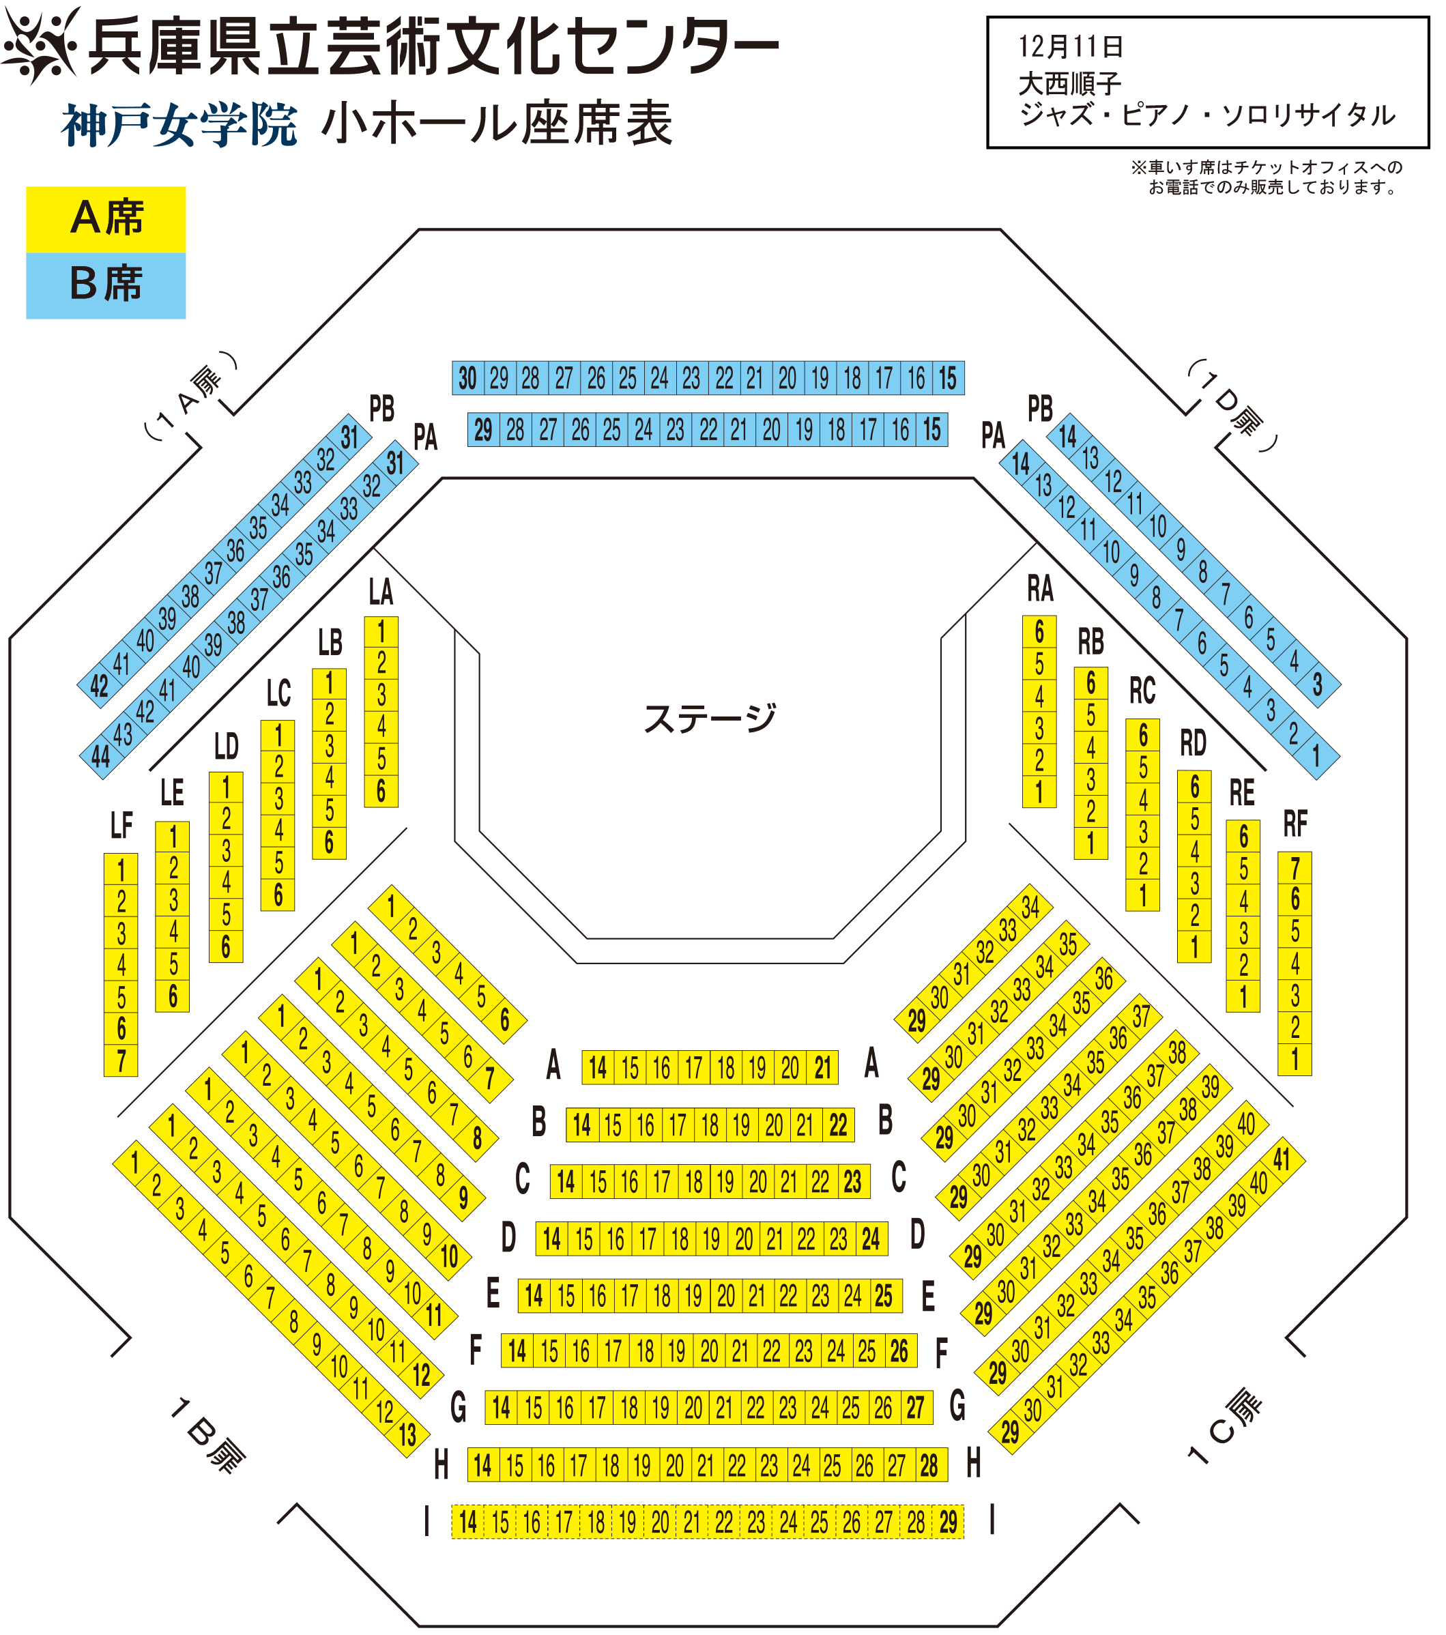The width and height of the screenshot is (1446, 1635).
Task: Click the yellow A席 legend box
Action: (x=106, y=220)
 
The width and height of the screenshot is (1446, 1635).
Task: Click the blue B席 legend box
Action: (x=106, y=285)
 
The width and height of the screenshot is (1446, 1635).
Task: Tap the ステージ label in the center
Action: (x=710, y=717)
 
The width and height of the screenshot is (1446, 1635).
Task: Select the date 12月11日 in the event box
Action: (x=1071, y=46)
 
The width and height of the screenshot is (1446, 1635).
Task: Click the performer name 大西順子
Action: (x=1070, y=83)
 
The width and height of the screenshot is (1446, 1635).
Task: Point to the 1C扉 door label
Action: (x=1224, y=1427)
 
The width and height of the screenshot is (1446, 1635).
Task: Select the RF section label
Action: (x=1295, y=824)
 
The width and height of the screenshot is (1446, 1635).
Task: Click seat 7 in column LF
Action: (x=121, y=1060)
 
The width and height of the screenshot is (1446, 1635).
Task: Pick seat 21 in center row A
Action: (x=823, y=1068)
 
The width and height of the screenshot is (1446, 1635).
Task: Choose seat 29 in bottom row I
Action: (x=949, y=1522)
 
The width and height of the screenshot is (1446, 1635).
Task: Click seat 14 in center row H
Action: (x=482, y=1465)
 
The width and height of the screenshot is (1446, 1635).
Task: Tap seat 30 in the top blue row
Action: (x=468, y=378)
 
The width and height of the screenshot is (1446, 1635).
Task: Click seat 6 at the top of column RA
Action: (x=1039, y=632)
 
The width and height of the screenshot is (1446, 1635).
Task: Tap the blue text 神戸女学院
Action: (x=179, y=126)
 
